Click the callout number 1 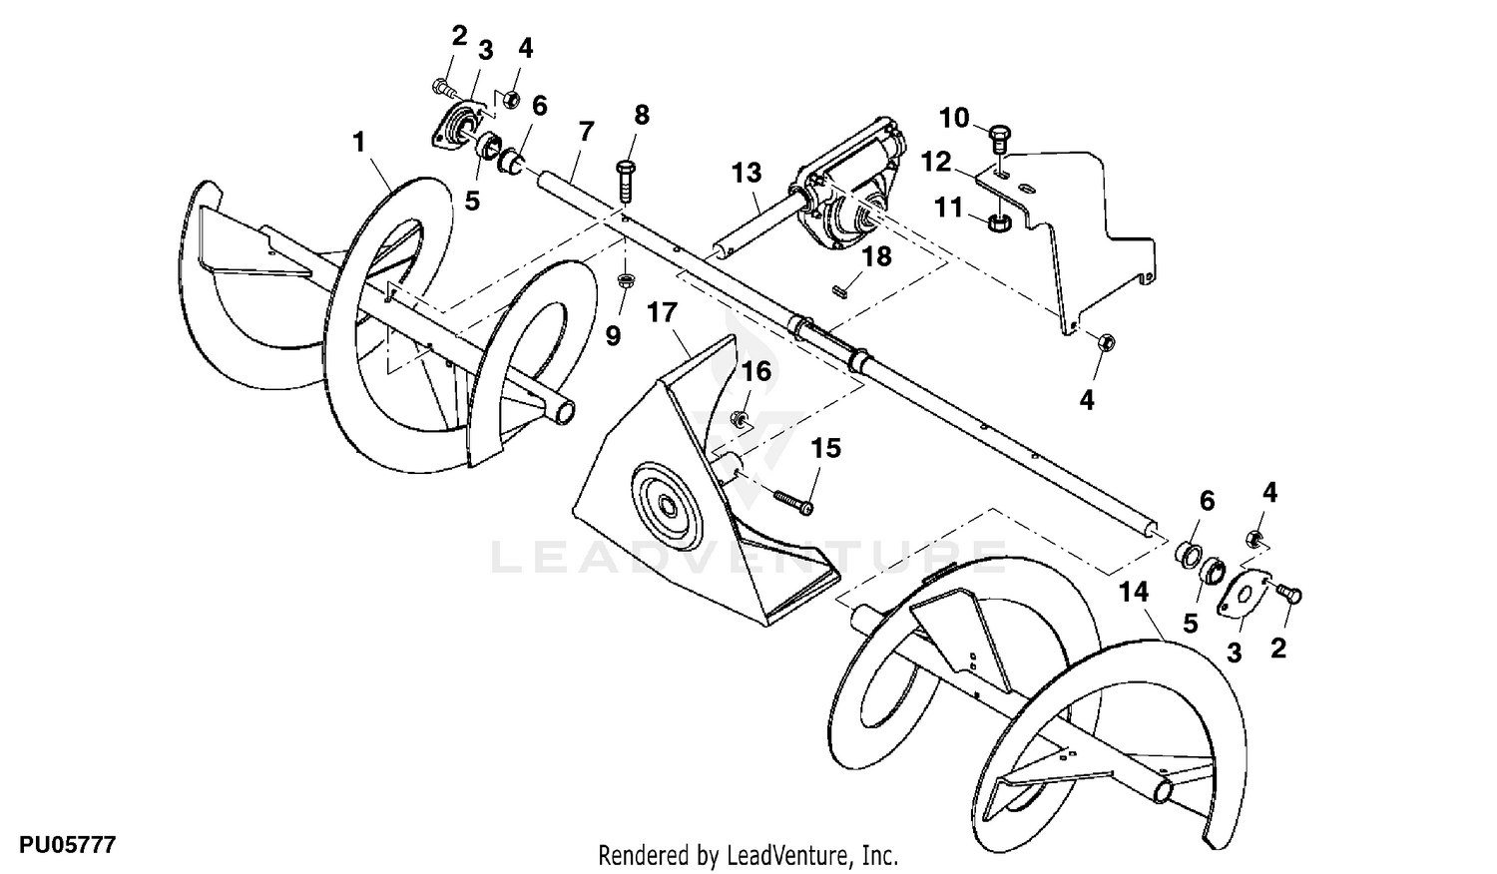click(x=359, y=143)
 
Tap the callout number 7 click(x=586, y=131)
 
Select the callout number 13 click(x=746, y=173)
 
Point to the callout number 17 click(x=662, y=312)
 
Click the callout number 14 click(x=1134, y=592)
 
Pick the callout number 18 click(x=877, y=256)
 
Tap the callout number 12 click(x=935, y=161)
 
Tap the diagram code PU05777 click(x=59, y=846)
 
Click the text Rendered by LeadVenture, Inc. click(x=748, y=855)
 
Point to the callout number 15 click(x=825, y=448)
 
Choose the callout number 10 click(x=954, y=119)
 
